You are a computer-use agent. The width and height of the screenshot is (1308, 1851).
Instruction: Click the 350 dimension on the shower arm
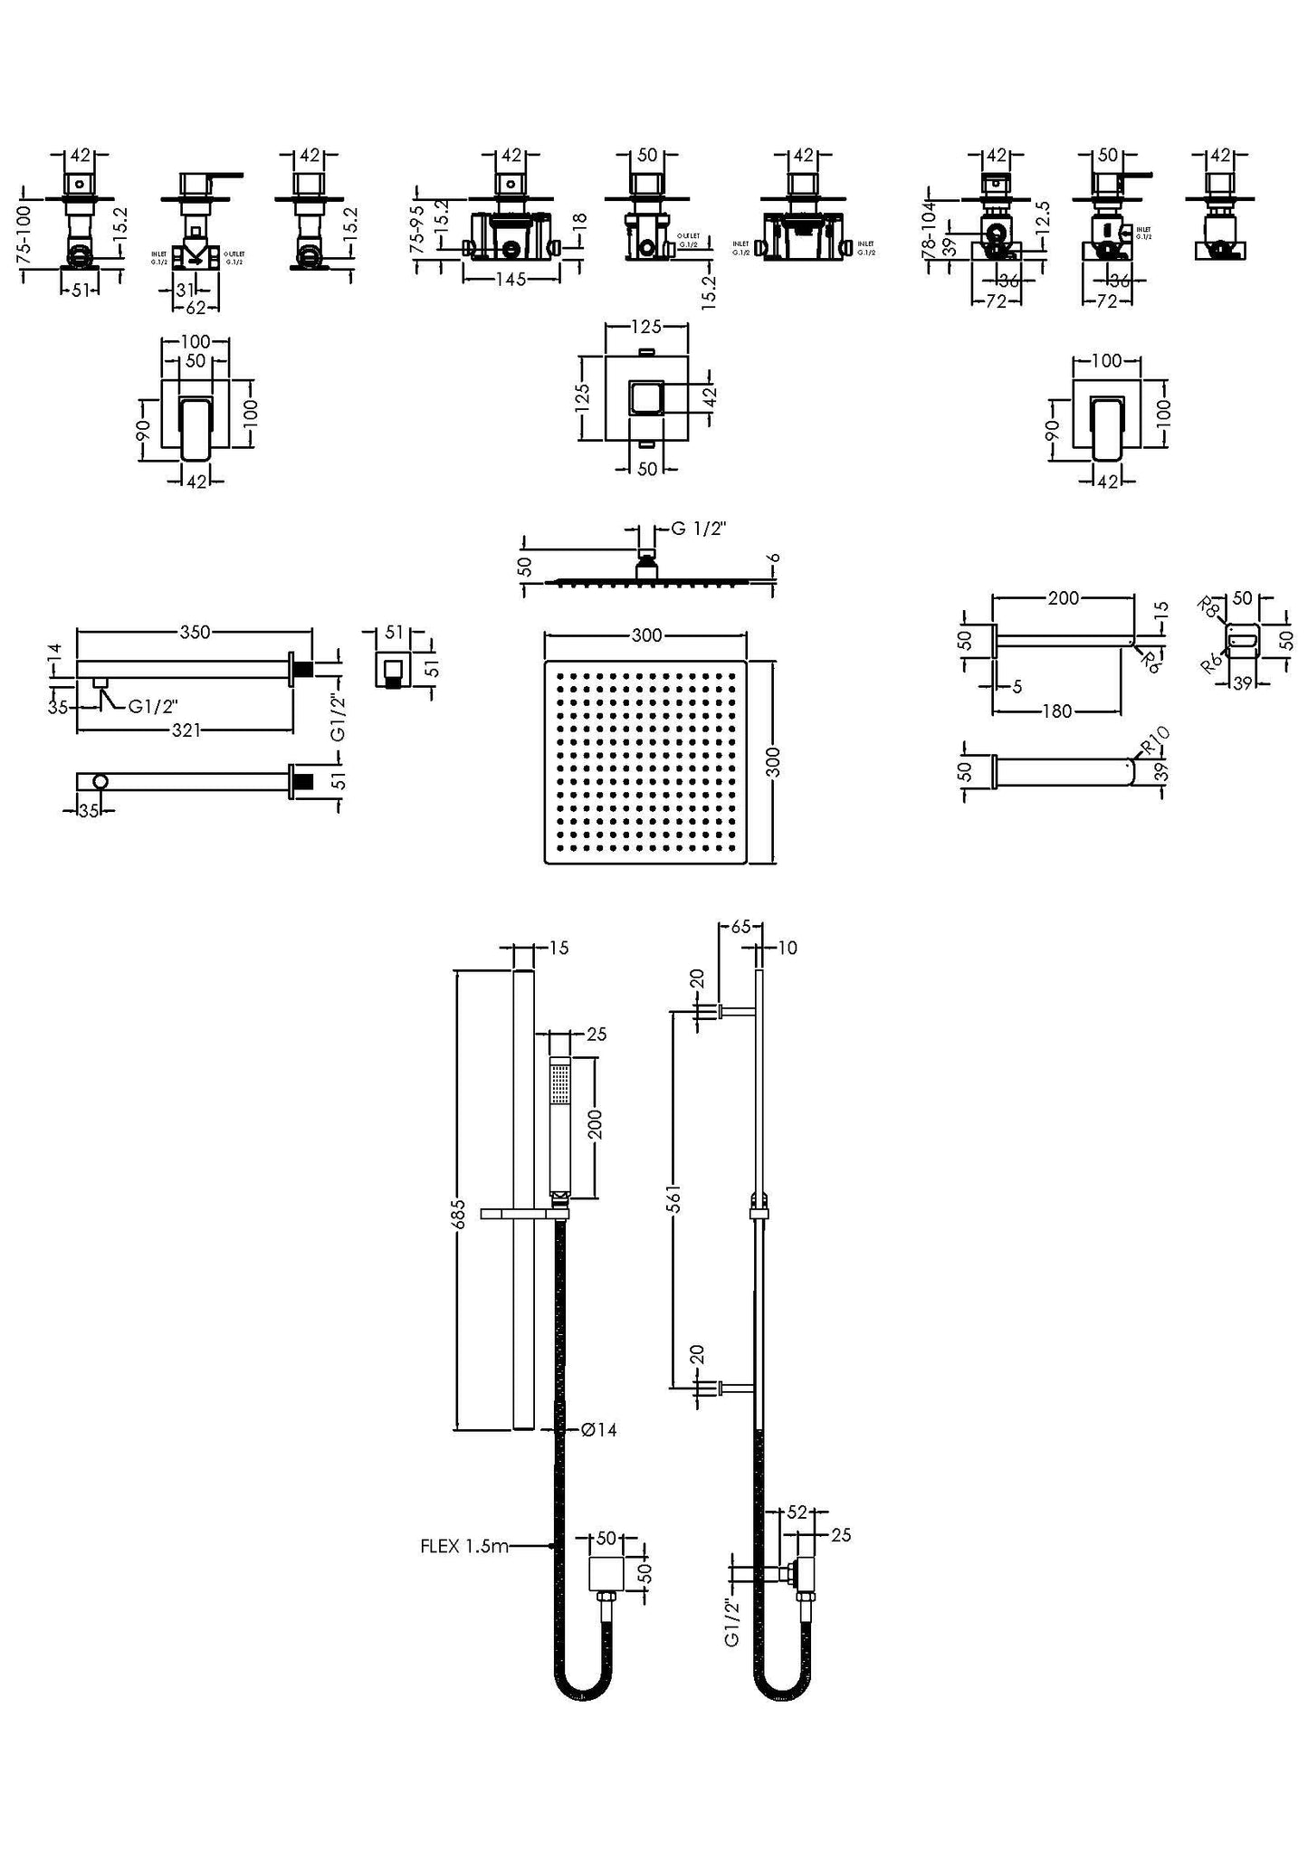pyautogui.click(x=195, y=632)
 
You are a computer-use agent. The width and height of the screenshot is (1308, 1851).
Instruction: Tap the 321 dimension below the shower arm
pyautogui.click(x=186, y=730)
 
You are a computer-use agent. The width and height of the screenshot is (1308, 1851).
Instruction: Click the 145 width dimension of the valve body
pyautogui.click(x=511, y=281)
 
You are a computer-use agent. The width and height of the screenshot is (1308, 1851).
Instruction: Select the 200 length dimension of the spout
pyautogui.click(x=1063, y=597)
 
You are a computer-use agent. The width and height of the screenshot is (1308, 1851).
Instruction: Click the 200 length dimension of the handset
pyautogui.click(x=596, y=1125)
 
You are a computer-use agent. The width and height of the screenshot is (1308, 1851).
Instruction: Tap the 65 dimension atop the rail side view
pyautogui.click(x=740, y=927)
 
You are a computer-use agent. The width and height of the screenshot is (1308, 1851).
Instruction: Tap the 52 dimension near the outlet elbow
pyautogui.click(x=797, y=1512)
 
